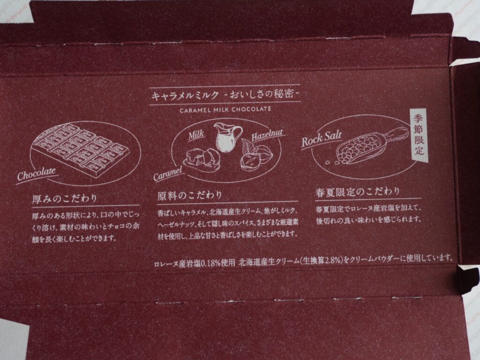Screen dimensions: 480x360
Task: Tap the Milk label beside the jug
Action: click(x=196, y=135)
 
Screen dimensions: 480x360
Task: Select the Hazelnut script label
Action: click(x=267, y=135)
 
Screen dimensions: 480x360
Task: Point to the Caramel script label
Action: click(x=168, y=173)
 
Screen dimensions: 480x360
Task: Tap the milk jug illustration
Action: click(x=227, y=137)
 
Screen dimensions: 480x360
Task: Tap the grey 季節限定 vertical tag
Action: click(x=419, y=135)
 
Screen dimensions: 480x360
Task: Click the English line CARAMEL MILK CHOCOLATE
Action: click(x=225, y=109)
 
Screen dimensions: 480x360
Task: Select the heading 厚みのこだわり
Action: click(x=65, y=198)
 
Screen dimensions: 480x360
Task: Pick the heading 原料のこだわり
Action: click(x=189, y=195)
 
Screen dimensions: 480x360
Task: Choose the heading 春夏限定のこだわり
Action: click(x=358, y=192)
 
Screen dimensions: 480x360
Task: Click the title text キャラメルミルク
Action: click(x=185, y=95)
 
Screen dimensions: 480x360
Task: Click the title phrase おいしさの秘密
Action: click(x=262, y=94)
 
